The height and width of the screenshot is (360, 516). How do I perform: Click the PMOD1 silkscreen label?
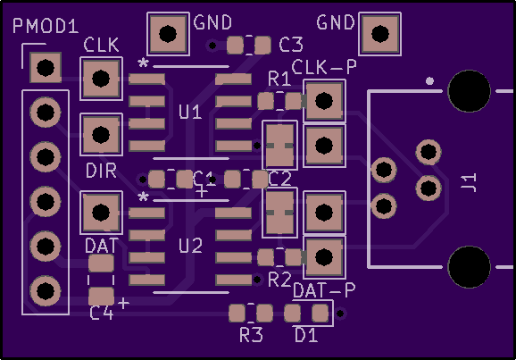pyautogui.click(x=46, y=26)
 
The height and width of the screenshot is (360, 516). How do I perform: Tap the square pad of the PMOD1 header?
pyautogui.click(x=46, y=68)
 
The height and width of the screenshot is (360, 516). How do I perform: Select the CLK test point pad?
pyautogui.click(x=101, y=79)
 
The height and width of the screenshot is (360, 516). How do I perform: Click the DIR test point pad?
pyautogui.click(x=101, y=134)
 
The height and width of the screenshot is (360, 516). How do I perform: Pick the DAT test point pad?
pyautogui.click(x=101, y=213)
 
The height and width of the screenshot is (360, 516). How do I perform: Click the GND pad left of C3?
pyautogui.click(x=168, y=34)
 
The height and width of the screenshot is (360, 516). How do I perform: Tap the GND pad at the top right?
pyautogui.click(x=379, y=34)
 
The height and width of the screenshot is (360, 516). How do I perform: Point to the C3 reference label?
pyautogui.click(x=290, y=45)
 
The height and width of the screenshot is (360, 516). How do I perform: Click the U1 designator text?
pyautogui.click(x=190, y=112)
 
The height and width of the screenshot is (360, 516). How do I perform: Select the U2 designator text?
pyautogui.click(x=190, y=246)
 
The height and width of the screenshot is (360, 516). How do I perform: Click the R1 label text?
pyautogui.click(x=279, y=79)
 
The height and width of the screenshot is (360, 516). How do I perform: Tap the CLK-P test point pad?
pyautogui.click(x=324, y=100)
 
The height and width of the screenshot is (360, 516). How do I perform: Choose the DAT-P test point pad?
pyautogui.click(x=324, y=257)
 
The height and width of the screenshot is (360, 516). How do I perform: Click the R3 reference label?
pyautogui.click(x=251, y=335)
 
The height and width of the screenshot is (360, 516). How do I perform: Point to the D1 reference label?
pyautogui.click(x=306, y=335)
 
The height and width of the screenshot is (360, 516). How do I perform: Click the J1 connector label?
pyautogui.click(x=469, y=182)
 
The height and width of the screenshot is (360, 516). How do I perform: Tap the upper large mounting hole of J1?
pyautogui.click(x=469, y=91)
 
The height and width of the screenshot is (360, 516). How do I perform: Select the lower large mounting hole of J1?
pyautogui.click(x=469, y=267)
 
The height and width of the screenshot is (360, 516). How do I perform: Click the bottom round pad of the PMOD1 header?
pyautogui.click(x=46, y=291)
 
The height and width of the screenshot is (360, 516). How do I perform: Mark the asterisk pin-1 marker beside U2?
pyautogui.click(x=143, y=197)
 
